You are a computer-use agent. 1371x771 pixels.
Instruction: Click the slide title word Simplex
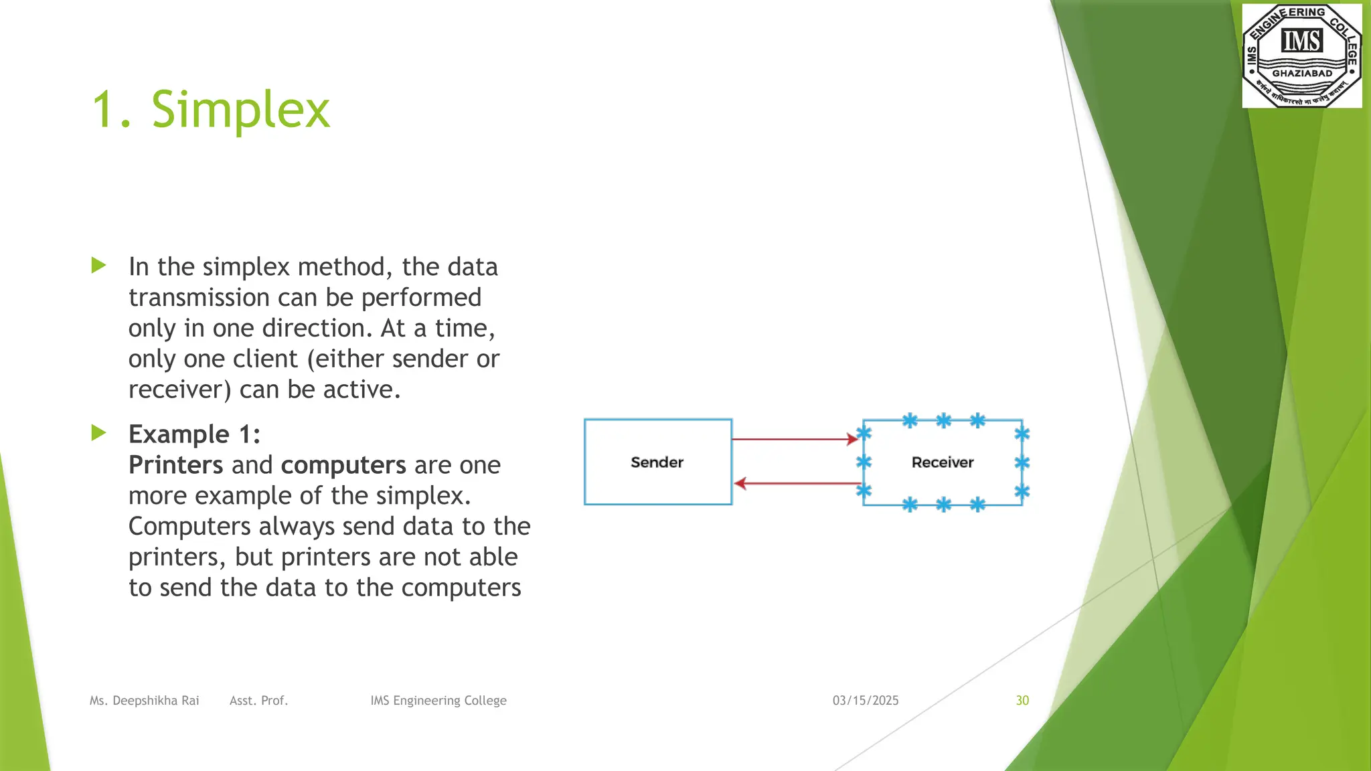point(241,110)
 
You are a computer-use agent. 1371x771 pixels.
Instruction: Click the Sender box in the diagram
point(657,462)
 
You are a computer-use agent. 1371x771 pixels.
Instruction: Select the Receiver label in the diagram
point(942,462)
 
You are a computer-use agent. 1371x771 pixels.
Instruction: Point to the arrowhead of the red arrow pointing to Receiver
point(853,439)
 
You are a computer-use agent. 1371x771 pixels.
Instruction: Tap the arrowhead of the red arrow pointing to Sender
point(740,483)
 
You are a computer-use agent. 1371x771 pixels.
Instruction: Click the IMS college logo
point(1301,56)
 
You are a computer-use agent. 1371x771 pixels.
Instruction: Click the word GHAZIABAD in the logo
point(1302,74)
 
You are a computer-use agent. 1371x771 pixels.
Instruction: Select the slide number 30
point(1022,701)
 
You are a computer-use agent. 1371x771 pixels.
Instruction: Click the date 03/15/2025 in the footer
point(866,701)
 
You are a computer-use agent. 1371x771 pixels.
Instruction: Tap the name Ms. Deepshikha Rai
point(145,701)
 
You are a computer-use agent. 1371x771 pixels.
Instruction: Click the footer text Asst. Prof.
point(258,701)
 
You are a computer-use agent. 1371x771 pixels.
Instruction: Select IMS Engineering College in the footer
point(438,701)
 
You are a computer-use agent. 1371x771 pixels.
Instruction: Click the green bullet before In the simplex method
point(99,265)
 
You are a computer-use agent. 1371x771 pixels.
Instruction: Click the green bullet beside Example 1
point(99,432)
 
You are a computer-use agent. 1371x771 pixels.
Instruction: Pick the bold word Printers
point(175,465)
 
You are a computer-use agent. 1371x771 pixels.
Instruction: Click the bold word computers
point(343,465)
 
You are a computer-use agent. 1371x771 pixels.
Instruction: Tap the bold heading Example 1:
point(194,434)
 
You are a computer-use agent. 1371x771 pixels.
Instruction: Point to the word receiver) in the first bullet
point(179,390)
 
